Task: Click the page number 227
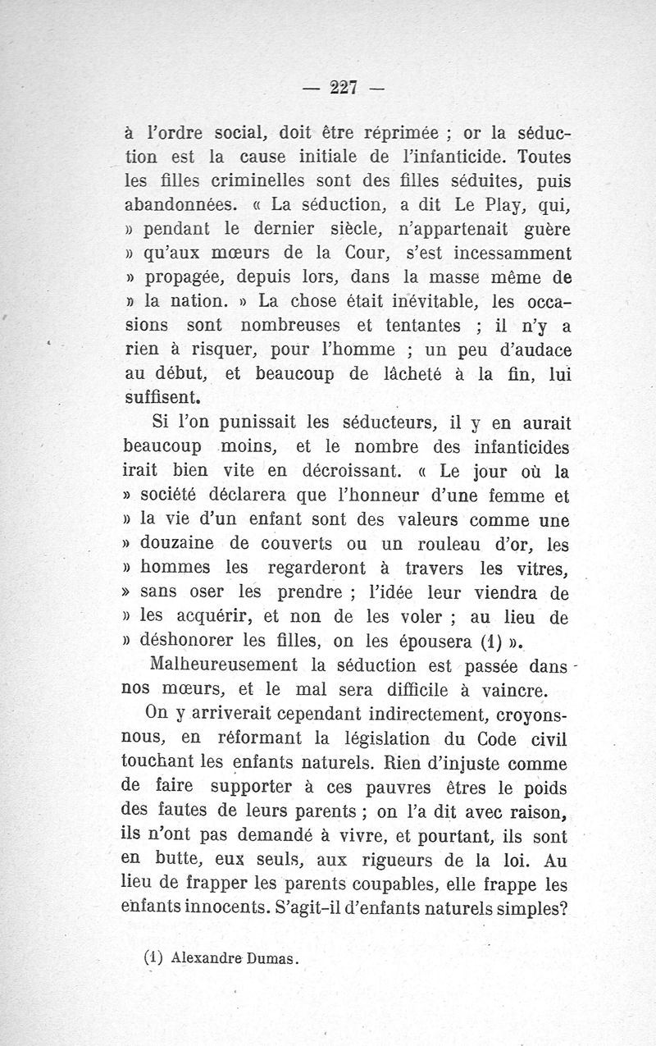344,88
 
